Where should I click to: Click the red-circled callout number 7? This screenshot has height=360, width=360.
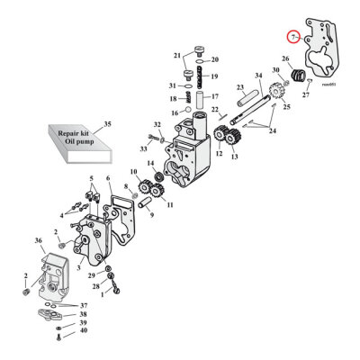pyautogui.click(x=292, y=37)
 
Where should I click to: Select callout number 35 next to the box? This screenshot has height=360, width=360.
pyautogui.click(x=109, y=122)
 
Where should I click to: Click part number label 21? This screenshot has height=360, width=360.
pyautogui.click(x=176, y=55)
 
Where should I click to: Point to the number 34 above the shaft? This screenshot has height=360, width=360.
pyautogui.click(x=258, y=75)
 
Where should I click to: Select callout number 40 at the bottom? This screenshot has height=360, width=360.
pyautogui.click(x=84, y=331)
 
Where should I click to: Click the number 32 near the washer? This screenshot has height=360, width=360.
pyautogui.click(x=157, y=125)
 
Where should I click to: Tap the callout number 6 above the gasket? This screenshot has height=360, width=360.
pyautogui.click(x=109, y=180)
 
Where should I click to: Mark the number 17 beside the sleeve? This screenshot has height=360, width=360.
pyautogui.click(x=213, y=95)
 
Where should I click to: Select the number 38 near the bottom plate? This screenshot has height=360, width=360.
pyautogui.click(x=84, y=314)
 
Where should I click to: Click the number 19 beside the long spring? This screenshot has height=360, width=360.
pyautogui.click(x=214, y=76)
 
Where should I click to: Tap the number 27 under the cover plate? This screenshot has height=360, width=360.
pyautogui.click(x=305, y=94)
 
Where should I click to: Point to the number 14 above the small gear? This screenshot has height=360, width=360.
pyautogui.click(x=150, y=164)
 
